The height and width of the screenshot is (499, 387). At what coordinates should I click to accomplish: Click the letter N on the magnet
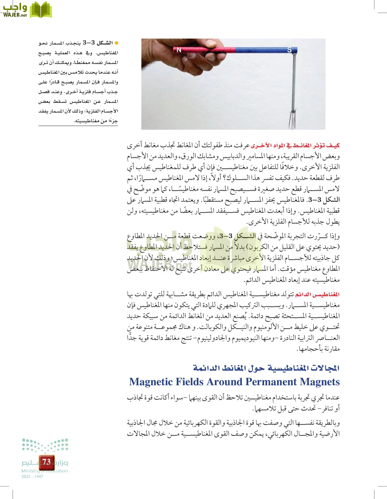[179, 50]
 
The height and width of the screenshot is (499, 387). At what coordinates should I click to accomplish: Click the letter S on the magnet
[289, 50]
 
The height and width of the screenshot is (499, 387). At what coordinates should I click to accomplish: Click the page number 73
[46, 462]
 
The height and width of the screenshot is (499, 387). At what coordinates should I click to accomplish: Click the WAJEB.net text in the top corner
[15, 15]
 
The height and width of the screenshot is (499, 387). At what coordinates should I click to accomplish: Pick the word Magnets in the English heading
[320, 382]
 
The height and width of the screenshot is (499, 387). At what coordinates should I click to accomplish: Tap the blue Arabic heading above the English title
[266, 368]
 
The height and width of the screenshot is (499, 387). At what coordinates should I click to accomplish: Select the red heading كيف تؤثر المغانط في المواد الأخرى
[295, 146]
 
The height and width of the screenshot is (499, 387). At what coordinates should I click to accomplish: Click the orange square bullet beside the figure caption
[116, 43]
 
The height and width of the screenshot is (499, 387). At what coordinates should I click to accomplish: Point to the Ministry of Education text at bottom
[44, 471]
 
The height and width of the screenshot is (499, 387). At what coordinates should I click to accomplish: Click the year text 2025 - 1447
[32, 476]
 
